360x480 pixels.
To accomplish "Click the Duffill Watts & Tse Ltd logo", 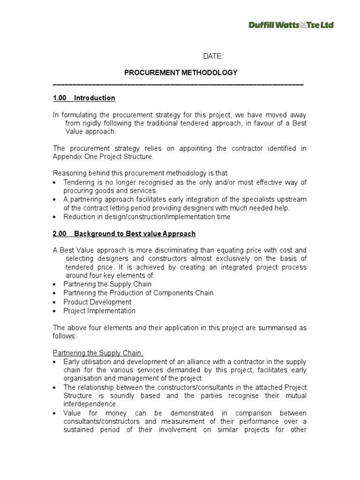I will [291, 25].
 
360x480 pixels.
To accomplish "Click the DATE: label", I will [213, 56].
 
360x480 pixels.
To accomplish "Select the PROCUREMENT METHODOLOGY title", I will [180, 73].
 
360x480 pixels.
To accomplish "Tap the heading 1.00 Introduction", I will [84, 98].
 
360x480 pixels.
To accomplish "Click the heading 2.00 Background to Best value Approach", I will [124, 233].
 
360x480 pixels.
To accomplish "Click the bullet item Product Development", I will [97, 302].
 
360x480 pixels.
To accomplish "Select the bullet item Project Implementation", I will [99, 311].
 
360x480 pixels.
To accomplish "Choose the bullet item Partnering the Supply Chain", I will [107, 284].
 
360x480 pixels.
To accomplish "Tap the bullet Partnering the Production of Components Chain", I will [138, 293].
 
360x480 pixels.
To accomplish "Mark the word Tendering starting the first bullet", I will [79, 182].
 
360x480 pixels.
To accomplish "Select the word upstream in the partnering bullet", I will [293, 199].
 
